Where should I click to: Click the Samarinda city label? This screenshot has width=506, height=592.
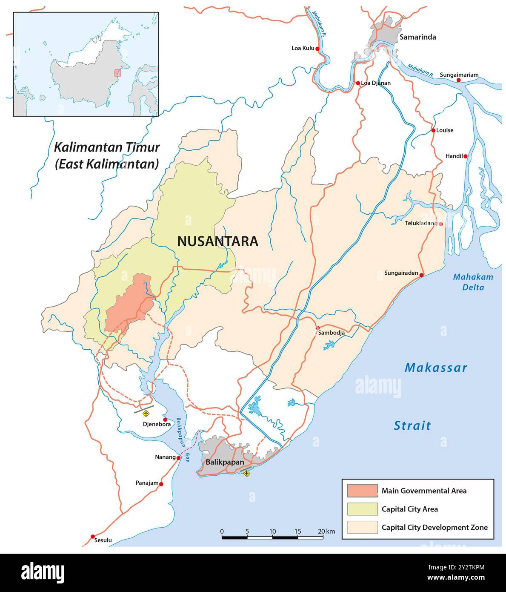click(417, 37)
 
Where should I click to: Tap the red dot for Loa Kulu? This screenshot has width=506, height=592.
click(317, 49)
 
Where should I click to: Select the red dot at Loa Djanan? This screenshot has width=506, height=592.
click(358, 83)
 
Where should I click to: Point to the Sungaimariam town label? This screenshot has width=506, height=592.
click(459, 75)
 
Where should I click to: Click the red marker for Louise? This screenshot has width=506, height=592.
click(433, 130)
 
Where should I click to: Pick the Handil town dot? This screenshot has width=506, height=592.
click(466, 156)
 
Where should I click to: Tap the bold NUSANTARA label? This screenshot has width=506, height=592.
click(217, 241)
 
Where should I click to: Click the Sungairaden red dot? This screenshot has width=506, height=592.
click(422, 275)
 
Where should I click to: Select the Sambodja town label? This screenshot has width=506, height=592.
click(331, 333)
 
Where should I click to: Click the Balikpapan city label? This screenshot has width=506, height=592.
click(225, 462)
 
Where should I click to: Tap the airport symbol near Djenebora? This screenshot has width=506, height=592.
click(147, 413)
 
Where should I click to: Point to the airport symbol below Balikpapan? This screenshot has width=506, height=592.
click(246, 473)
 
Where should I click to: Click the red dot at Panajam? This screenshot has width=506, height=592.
click(161, 484)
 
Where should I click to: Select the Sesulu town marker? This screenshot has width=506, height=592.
click(93, 536)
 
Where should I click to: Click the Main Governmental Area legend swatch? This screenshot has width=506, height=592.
click(362, 491)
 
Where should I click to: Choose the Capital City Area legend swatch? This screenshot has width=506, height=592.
click(362, 509)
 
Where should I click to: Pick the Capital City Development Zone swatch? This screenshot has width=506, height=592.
click(362, 527)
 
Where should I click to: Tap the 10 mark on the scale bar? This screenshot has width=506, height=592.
click(272, 532)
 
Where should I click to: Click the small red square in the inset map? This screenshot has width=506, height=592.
click(117, 73)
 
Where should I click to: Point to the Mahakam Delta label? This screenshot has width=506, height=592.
click(473, 282)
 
